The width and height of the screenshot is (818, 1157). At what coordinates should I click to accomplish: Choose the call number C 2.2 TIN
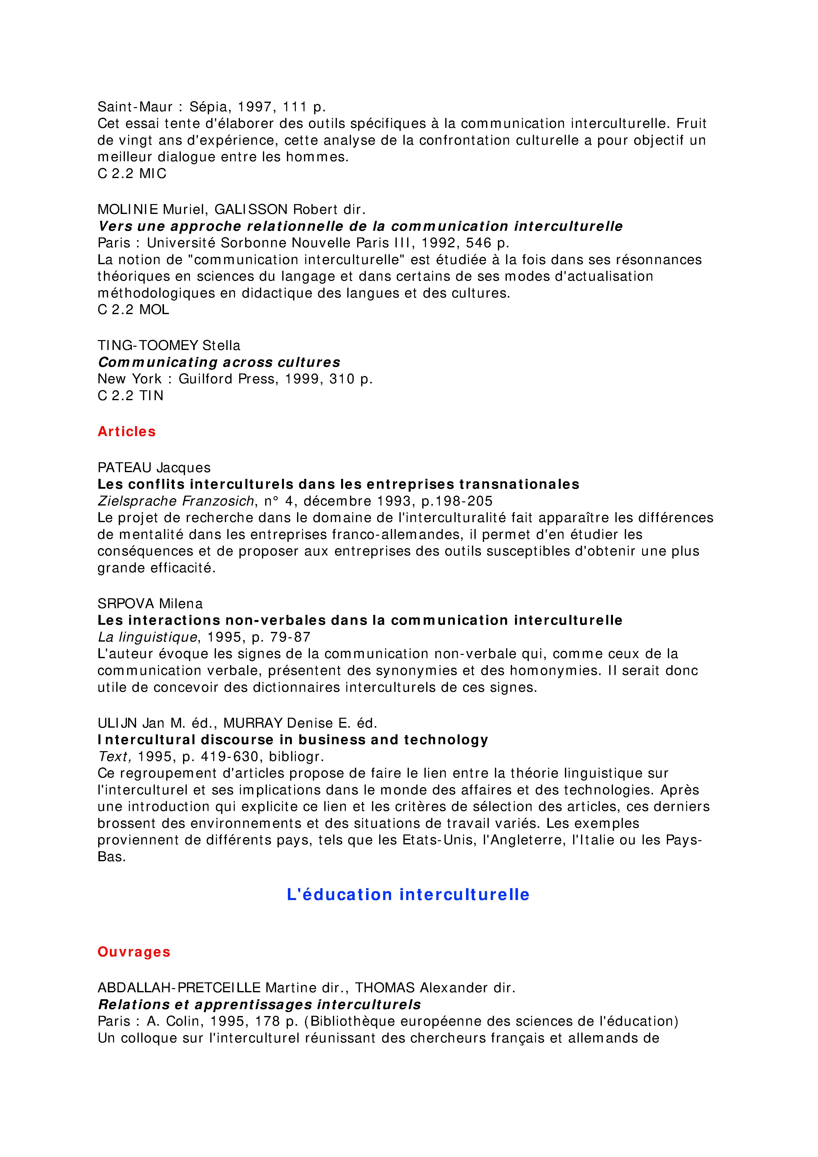point(131,395)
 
